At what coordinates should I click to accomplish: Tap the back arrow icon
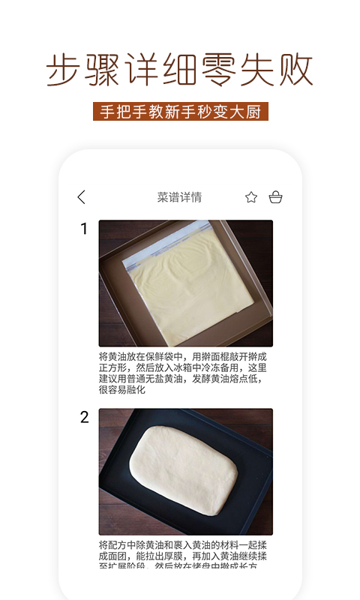(82, 197)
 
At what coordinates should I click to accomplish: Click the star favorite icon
(251, 197)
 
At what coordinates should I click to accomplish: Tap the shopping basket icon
(275, 197)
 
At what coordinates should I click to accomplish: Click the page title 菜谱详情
(179, 197)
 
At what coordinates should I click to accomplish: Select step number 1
(84, 229)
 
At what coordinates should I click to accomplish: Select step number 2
(84, 418)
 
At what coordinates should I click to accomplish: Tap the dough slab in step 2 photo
(184, 469)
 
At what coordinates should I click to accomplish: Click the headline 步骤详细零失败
(180, 70)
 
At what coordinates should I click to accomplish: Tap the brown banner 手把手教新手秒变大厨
(180, 111)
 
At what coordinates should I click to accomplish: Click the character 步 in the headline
(64, 70)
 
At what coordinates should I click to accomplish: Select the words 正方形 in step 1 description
(113, 368)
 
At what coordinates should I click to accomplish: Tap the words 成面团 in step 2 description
(113, 556)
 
